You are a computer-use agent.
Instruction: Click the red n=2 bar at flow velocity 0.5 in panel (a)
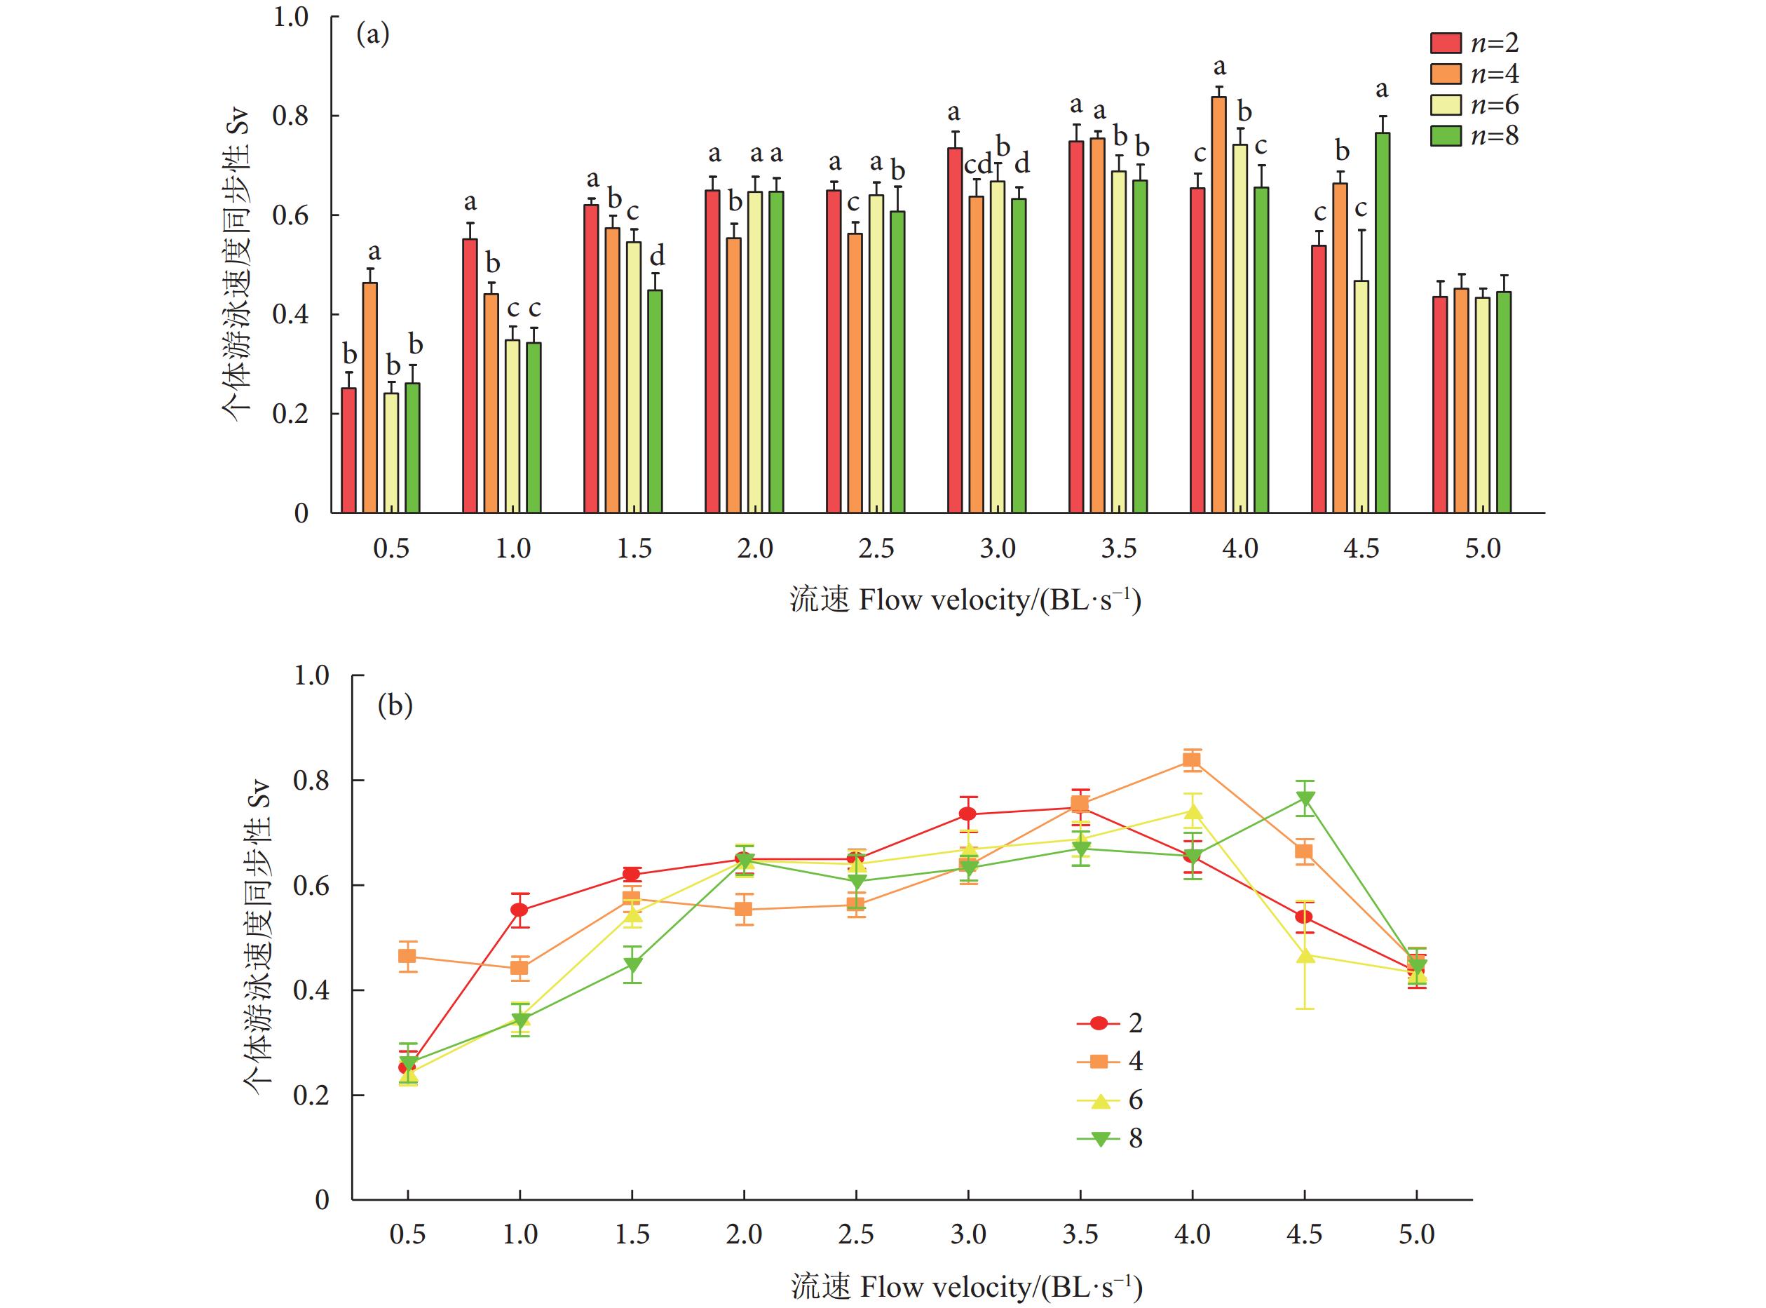point(348,450)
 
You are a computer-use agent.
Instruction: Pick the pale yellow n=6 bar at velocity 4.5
point(1361,396)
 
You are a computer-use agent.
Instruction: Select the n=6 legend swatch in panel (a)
point(1446,105)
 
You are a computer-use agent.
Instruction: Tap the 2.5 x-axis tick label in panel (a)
point(876,548)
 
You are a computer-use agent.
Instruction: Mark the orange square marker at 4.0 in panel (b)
point(1191,761)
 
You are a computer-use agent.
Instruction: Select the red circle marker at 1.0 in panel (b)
point(519,910)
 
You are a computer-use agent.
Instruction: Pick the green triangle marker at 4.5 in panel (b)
point(1305,800)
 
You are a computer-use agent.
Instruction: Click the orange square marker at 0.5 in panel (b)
point(407,956)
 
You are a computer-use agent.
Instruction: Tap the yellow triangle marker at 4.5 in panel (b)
point(1305,956)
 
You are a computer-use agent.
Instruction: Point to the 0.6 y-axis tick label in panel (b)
point(311,885)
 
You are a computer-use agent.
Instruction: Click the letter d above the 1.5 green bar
point(657,256)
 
